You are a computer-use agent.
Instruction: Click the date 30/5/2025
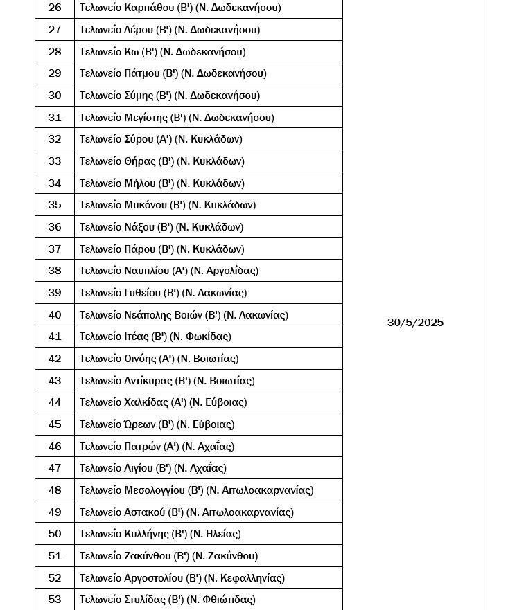(x=415, y=323)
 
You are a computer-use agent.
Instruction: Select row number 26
(x=55, y=8)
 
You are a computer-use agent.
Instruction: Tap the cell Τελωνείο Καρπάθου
(x=179, y=8)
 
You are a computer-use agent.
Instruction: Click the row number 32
(x=55, y=139)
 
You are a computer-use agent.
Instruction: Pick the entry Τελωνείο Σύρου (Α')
(x=160, y=139)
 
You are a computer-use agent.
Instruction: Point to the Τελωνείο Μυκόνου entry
(x=167, y=205)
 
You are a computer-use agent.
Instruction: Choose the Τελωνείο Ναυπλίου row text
(x=168, y=271)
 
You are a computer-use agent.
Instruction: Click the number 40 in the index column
(x=55, y=314)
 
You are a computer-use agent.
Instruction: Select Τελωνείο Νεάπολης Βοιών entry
(x=183, y=314)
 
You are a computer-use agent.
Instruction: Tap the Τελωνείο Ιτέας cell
(x=155, y=337)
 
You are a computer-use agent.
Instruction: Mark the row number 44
(x=55, y=402)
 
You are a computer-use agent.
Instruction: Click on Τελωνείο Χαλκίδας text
(x=163, y=402)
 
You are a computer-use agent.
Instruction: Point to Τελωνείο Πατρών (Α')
(x=157, y=447)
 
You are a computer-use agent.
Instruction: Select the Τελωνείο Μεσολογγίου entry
(x=196, y=490)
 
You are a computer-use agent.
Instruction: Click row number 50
(x=55, y=534)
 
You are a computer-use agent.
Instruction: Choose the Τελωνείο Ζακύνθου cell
(x=168, y=556)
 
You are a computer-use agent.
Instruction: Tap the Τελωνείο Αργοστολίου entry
(x=182, y=578)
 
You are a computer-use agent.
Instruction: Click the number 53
(x=55, y=600)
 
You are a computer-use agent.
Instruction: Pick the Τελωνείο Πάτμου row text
(x=173, y=73)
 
